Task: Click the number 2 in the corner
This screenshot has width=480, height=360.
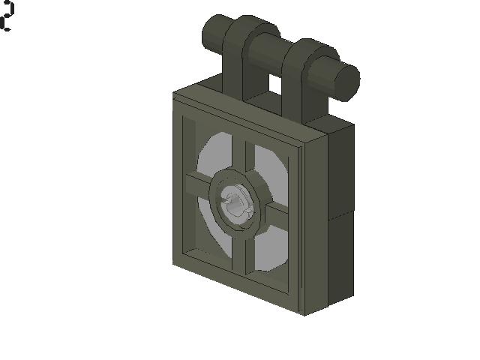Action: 7,16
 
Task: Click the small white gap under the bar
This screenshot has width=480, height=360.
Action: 275,85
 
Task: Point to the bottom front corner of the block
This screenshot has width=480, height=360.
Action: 302,311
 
